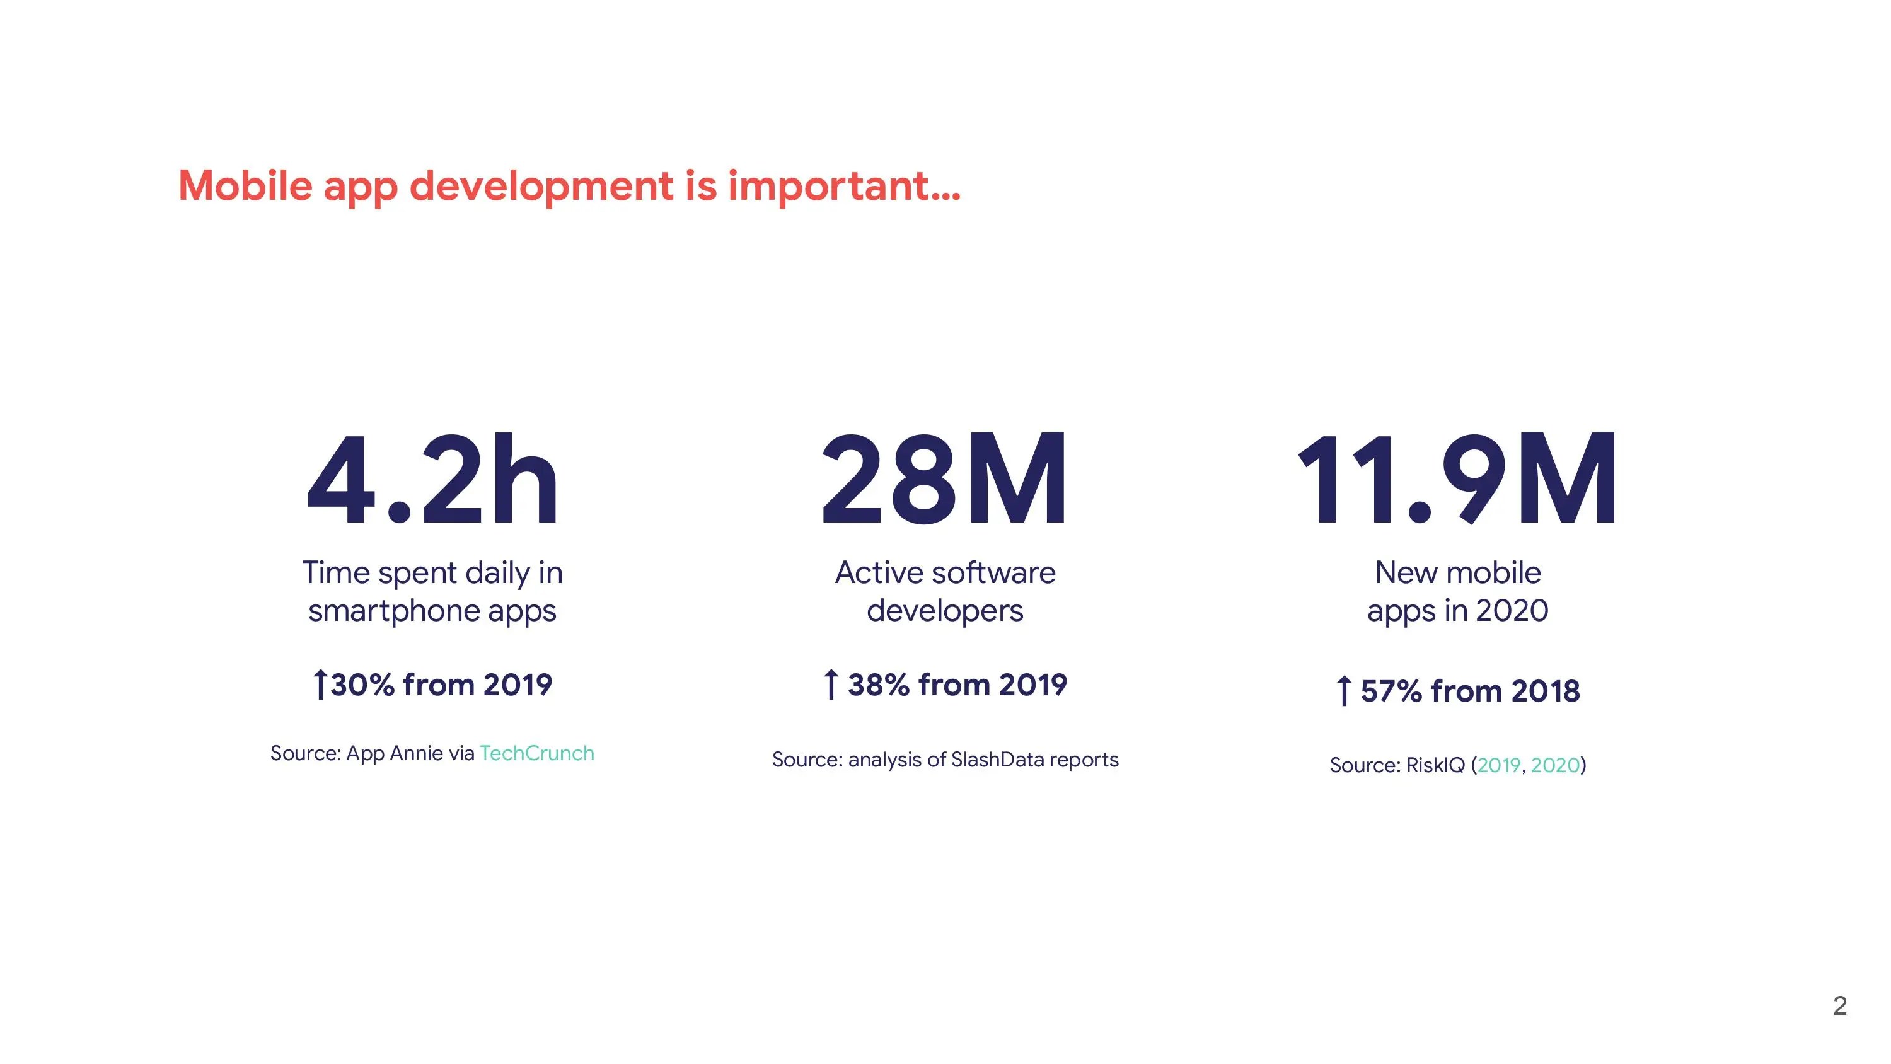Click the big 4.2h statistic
(432, 481)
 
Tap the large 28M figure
(944, 481)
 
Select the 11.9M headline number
(1457, 481)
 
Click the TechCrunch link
(536, 753)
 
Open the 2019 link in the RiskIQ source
(1498, 765)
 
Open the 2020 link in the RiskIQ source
(1555, 765)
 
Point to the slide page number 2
(1839, 1005)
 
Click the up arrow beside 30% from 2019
(320, 685)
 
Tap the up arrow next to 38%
(830, 685)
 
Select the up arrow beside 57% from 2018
(1343, 691)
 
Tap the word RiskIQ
(1435, 765)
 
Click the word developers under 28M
(945, 611)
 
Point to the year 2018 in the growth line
(1545, 691)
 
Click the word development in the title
(541, 187)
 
